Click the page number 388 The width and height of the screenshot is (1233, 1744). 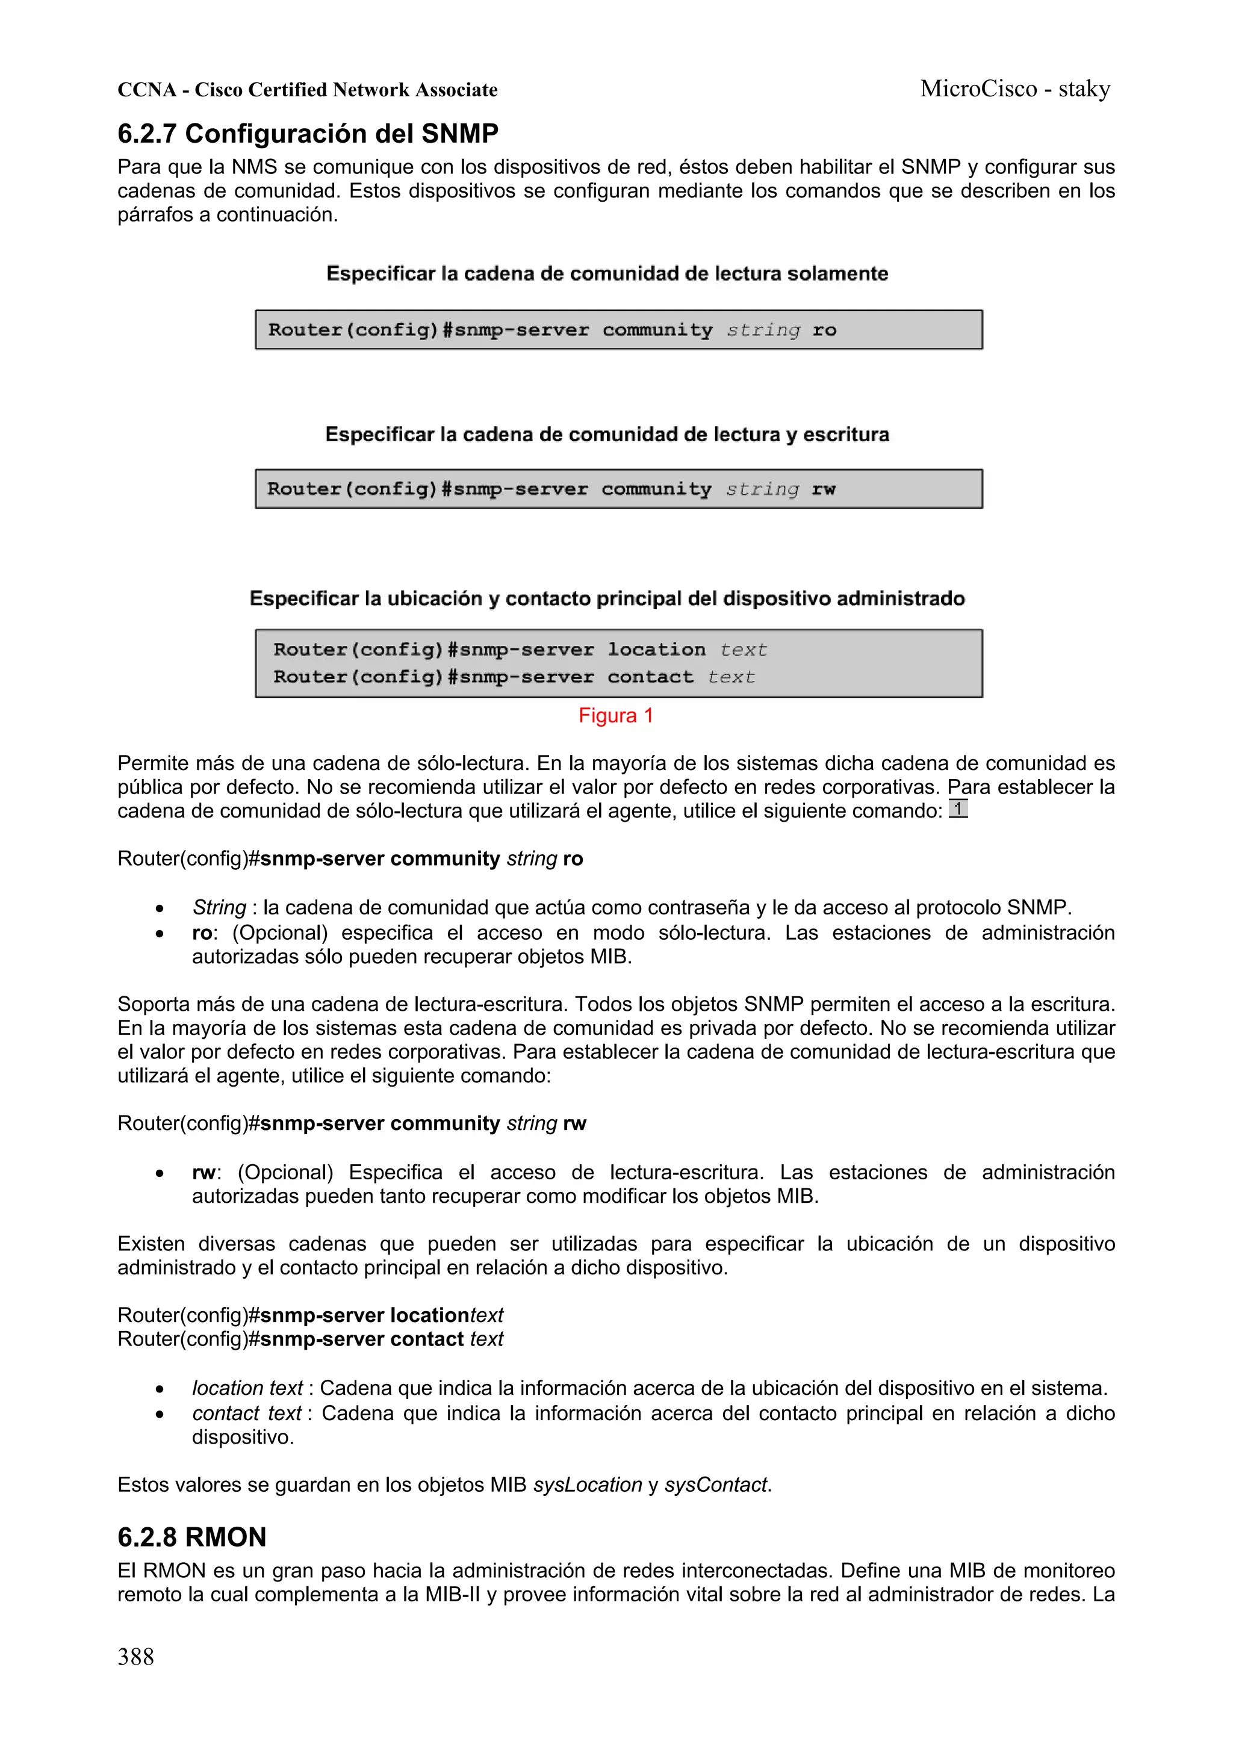(x=135, y=1656)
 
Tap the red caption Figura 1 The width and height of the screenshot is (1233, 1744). (x=615, y=716)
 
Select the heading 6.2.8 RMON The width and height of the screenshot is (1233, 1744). (x=191, y=1537)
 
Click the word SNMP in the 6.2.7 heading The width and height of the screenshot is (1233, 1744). (x=459, y=134)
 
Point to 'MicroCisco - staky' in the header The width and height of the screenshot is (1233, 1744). (x=1015, y=89)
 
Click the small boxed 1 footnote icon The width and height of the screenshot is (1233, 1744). (x=958, y=809)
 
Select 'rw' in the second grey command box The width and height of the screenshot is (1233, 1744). (x=823, y=489)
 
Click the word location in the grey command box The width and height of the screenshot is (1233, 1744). (x=656, y=650)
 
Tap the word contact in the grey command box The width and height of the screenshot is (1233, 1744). (x=650, y=677)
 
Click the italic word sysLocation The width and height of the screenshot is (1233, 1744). (x=587, y=1485)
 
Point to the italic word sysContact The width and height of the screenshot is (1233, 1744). (x=716, y=1485)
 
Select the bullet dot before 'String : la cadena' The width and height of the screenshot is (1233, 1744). (x=160, y=908)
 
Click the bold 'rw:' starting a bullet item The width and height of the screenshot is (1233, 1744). (x=205, y=1173)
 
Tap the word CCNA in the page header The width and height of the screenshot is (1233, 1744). (x=147, y=90)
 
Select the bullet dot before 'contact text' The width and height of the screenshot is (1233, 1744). (x=160, y=1414)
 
